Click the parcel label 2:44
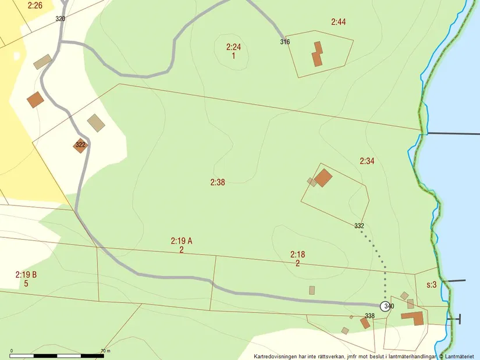[x=339, y=22]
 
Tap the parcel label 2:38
[x=218, y=183]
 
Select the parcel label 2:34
[x=367, y=161]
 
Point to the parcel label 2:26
[x=35, y=5]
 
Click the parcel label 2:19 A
[x=182, y=240]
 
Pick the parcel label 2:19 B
[x=27, y=274]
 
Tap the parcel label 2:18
[x=297, y=254]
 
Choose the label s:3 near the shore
[x=431, y=285]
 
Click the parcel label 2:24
[x=233, y=47]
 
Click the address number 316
[x=285, y=42]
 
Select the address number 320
[x=61, y=19]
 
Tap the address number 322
[x=80, y=145]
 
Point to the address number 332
[x=359, y=226]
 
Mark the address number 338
[x=369, y=316]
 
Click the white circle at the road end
[x=385, y=306]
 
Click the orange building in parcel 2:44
[x=317, y=54]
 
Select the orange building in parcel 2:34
[x=323, y=177]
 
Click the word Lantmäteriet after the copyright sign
[x=460, y=357]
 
